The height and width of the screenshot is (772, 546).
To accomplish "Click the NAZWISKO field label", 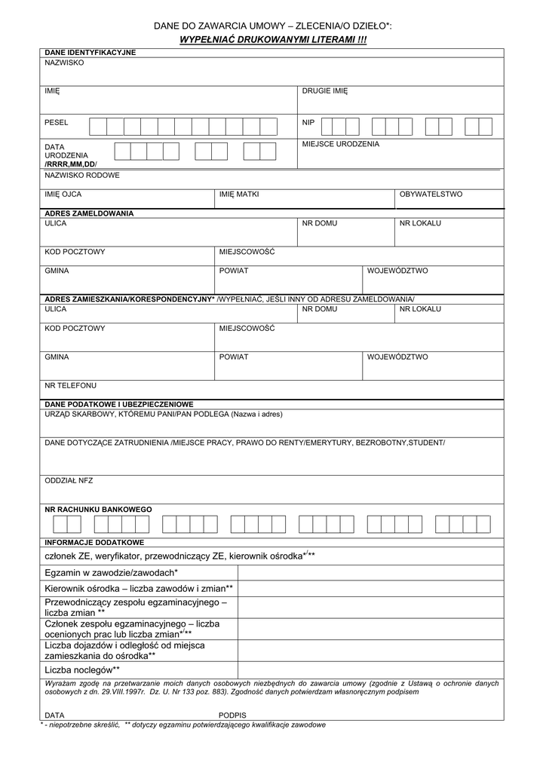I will [x=64, y=63].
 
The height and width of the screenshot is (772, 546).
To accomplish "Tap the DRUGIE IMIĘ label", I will [x=325, y=91].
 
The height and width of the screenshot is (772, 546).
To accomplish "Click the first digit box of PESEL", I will [x=97, y=126].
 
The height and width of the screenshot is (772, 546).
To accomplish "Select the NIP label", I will [x=308, y=122].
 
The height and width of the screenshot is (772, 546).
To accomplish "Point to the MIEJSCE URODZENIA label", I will [x=341, y=144].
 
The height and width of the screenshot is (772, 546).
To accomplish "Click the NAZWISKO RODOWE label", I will [x=82, y=175].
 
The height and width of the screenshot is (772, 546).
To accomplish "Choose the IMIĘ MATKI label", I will [x=239, y=195].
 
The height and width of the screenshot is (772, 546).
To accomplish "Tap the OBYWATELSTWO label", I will [x=431, y=195].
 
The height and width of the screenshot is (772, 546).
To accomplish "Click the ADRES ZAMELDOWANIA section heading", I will [x=89, y=213].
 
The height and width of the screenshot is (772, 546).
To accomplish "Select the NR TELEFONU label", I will [x=71, y=385].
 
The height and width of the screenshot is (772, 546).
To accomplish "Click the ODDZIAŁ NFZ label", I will [x=69, y=480].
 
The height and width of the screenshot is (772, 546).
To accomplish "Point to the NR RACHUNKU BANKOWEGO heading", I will [x=98, y=510].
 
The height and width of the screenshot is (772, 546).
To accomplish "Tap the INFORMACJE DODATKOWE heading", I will [x=94, y=542].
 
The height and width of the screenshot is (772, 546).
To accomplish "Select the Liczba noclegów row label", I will [x=82, y=669].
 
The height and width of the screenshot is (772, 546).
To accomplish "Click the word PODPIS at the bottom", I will [x=232, y=715].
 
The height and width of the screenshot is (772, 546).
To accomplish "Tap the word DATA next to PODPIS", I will [x=54, y=715].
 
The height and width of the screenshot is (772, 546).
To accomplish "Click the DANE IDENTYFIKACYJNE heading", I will [x=90, y=53].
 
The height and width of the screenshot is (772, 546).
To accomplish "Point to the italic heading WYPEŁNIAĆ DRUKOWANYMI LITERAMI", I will [x=272, y=38].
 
